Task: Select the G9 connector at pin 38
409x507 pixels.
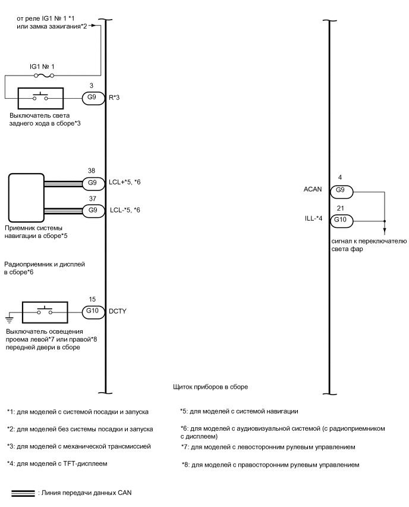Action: (92, 182)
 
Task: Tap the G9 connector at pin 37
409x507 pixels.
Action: (92, 209)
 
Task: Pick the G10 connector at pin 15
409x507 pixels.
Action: (92, 311)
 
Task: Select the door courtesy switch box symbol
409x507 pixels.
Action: (45, 311)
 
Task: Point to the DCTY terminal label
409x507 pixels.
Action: (118, 311)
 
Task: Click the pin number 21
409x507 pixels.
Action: (341, 209)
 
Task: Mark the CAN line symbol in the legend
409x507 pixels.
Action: (23, 493)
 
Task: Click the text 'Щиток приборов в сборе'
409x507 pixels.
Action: (209, 386)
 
